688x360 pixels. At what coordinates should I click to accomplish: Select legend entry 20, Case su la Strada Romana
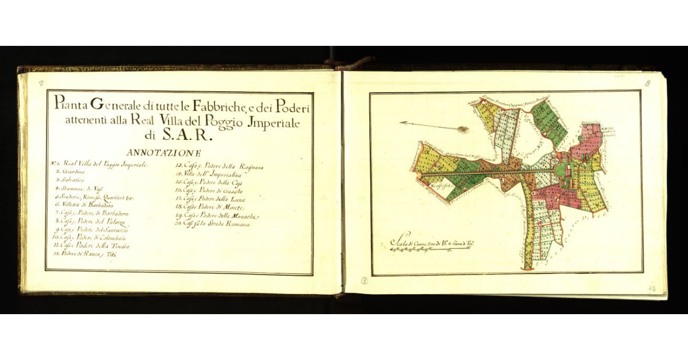point(213,224)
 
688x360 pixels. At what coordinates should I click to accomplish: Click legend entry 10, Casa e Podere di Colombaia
point(89,237)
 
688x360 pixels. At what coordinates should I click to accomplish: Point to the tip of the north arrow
point(401,122)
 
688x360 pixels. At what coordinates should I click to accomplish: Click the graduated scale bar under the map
point(431,251)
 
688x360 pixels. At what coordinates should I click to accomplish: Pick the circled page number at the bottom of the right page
point(365,280)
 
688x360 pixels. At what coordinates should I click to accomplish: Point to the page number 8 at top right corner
point(647,83)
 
